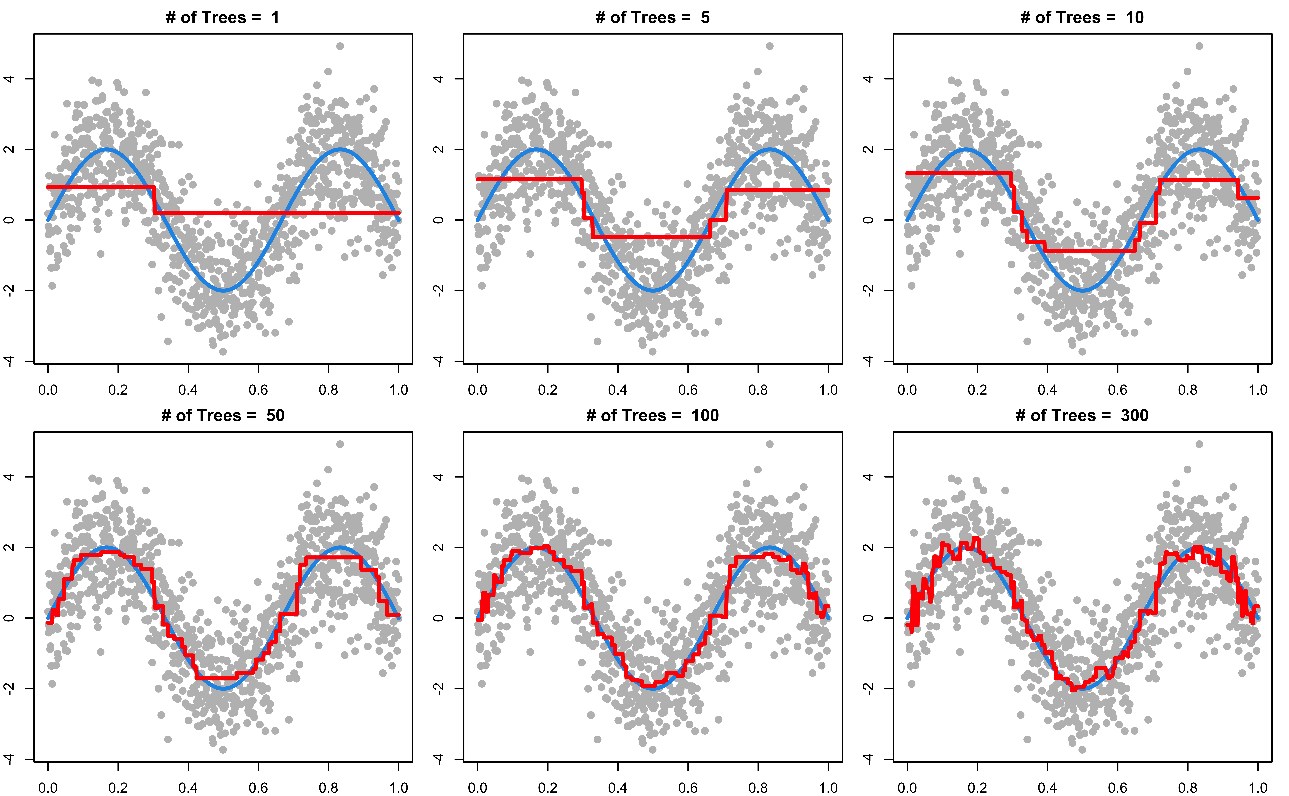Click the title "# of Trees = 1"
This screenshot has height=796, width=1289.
(x=222, y=17)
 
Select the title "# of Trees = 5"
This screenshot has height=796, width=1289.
(x=652, y=17)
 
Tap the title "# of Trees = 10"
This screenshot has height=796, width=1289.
(x=1082, y=17)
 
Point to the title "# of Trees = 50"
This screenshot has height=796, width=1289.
(x=222, y=415)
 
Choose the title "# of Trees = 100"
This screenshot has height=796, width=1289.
(x=652, y=415)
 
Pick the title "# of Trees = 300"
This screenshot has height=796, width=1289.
(x=1082, y=415)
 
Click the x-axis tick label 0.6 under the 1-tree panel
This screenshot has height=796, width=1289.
(x=258, y=390)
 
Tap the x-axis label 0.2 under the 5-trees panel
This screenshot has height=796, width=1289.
(x=548, y=390)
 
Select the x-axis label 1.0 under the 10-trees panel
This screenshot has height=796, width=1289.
(x=1258, y=390)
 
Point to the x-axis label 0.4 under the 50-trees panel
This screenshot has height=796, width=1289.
(x=188, y=788)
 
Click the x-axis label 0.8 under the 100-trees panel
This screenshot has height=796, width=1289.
(x=758, y=788)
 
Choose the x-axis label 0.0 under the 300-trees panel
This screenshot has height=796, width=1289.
(x=907, y=788)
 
